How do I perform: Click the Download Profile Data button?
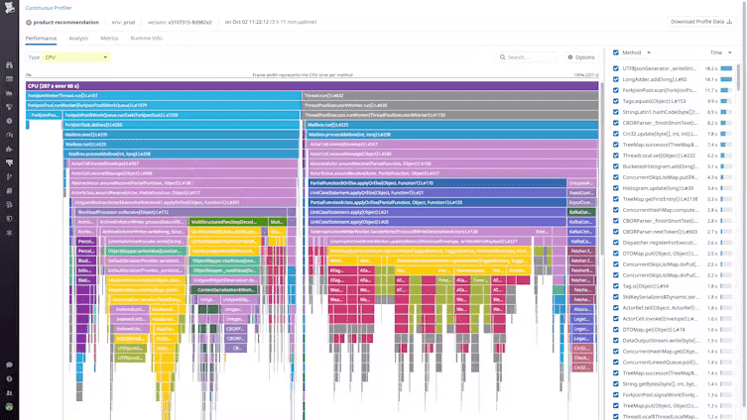click(701, 21)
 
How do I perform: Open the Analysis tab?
click(78, 38)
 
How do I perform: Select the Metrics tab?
click(109, 38)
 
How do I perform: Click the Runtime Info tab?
click(147, 38)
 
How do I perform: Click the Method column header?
click(632, 52)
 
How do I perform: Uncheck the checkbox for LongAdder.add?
click(615, 78)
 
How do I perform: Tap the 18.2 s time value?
click(711, 67)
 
